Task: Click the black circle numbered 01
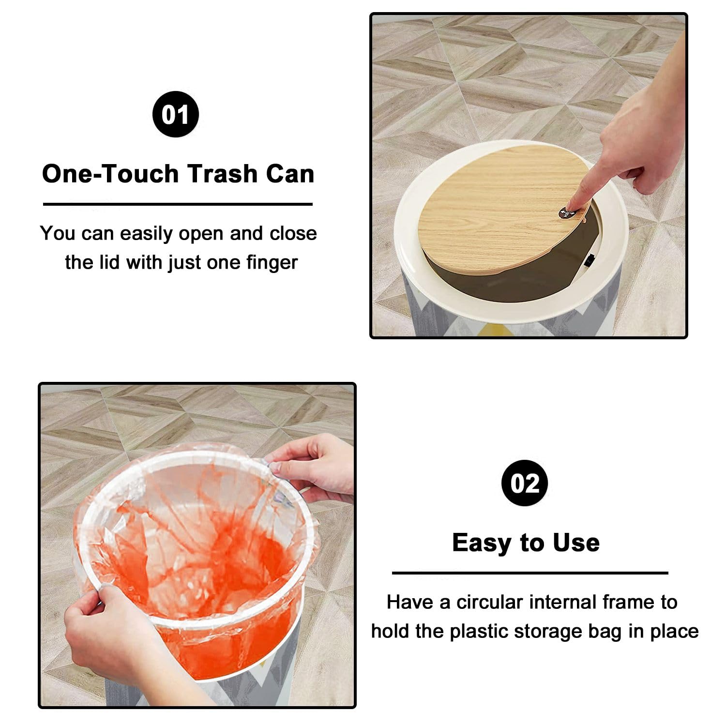point(176,114)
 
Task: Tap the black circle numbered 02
point(525,483)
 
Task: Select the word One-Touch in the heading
point(110,173)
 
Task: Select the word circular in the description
point(489,602)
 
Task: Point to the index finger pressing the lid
point(588,186)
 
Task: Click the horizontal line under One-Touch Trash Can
point(178,204)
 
